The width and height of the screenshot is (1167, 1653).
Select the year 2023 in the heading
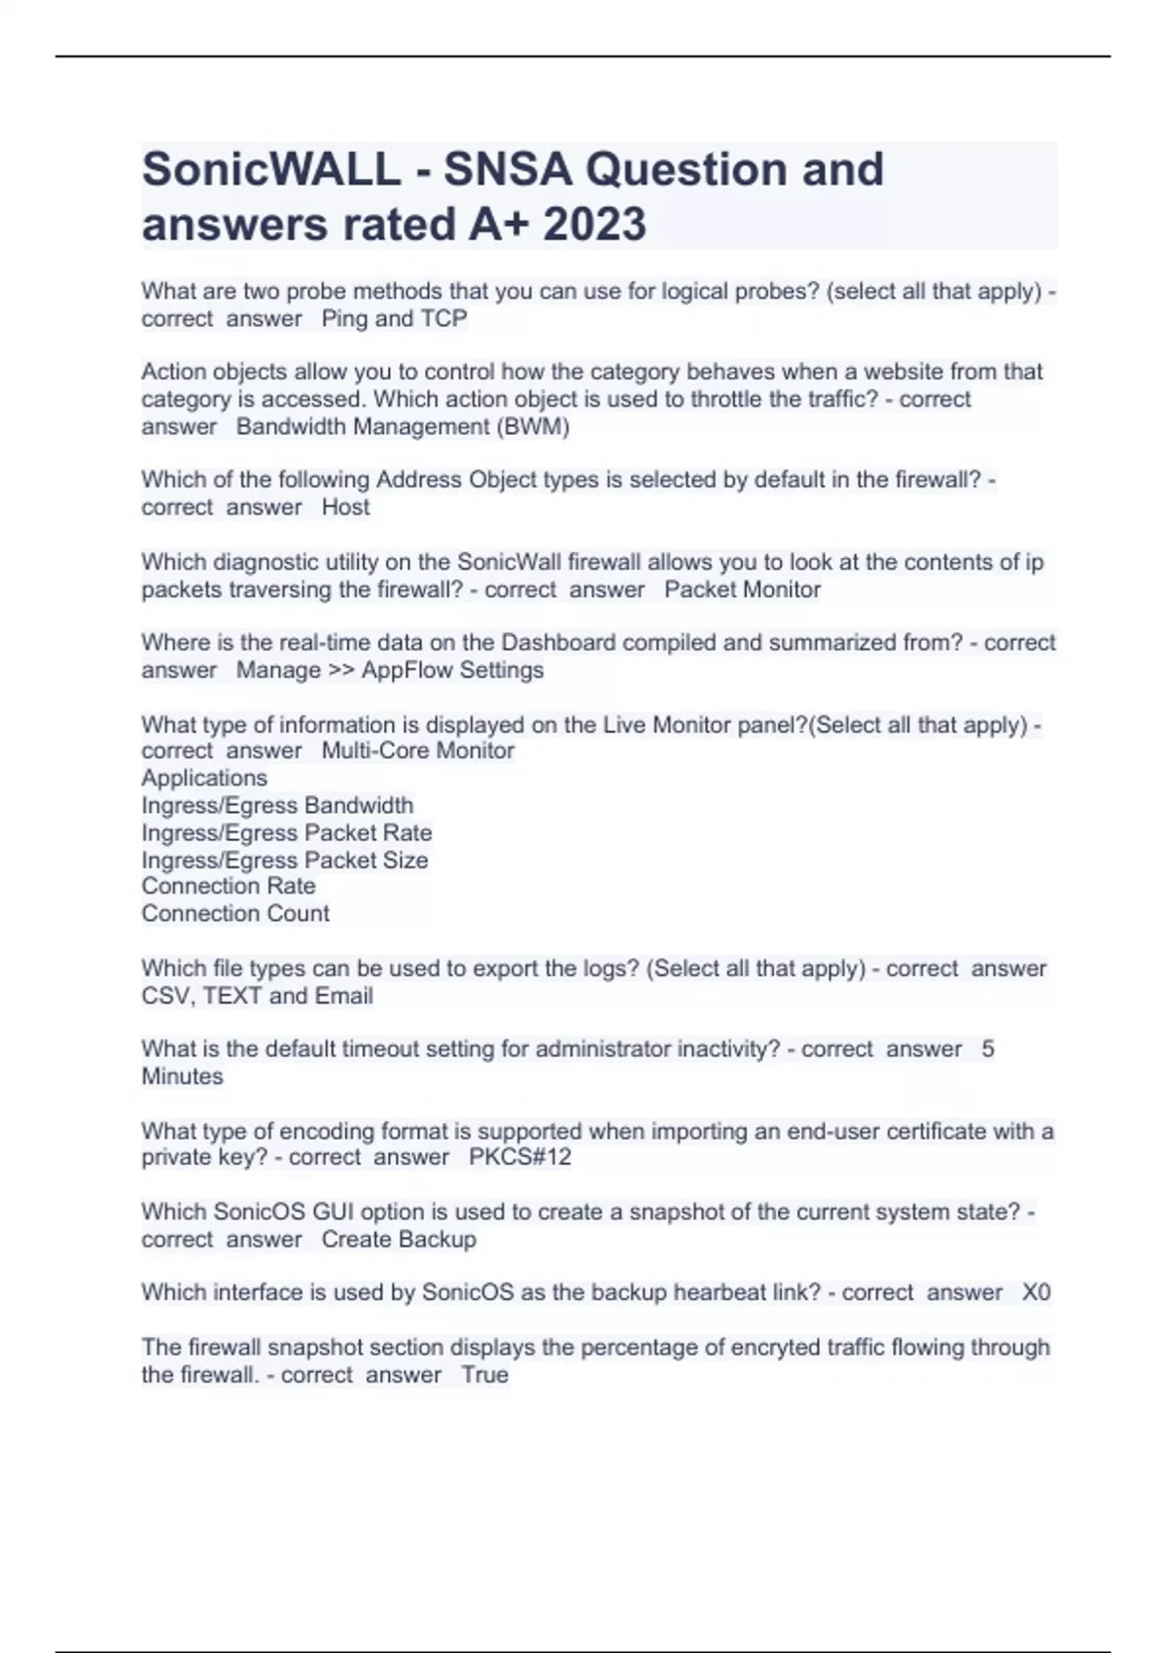click(594, 225)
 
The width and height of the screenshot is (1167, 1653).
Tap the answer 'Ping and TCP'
click(394, 319)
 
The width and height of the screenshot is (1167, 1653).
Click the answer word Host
click(345, 508)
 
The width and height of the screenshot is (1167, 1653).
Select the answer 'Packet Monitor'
click(742, 590)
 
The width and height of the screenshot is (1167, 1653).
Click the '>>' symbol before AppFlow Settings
click(341, 671)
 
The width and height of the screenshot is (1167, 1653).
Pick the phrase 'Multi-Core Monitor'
click(417, 751)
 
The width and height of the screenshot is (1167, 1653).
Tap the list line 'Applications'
click(204, 778)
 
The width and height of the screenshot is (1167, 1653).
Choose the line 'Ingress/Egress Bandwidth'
click(277, 805)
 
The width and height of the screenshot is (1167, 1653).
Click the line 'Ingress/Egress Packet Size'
click(284, 861)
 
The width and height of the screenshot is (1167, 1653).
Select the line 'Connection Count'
click(235, 914)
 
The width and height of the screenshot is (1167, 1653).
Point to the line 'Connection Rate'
click(229, 886)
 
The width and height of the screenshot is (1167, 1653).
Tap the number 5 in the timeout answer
click(988, 1049)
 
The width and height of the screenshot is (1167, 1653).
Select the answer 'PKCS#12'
click(519, 1158)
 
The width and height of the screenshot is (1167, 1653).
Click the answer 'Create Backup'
click(399, 1240)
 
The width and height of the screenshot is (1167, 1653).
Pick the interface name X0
click(1036, 1293)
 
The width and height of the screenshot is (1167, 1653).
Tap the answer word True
click(484, 1375)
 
